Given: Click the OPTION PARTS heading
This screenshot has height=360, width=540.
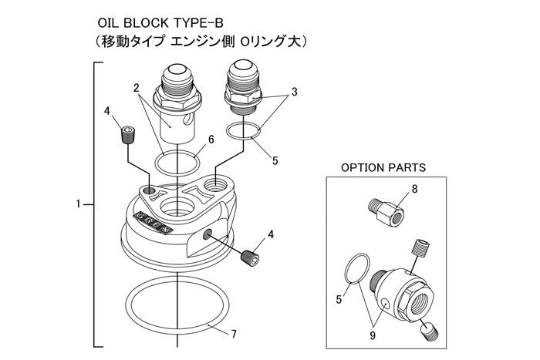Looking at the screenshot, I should coord(383,167).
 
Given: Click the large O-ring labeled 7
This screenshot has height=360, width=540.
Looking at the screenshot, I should coord(179,304).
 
